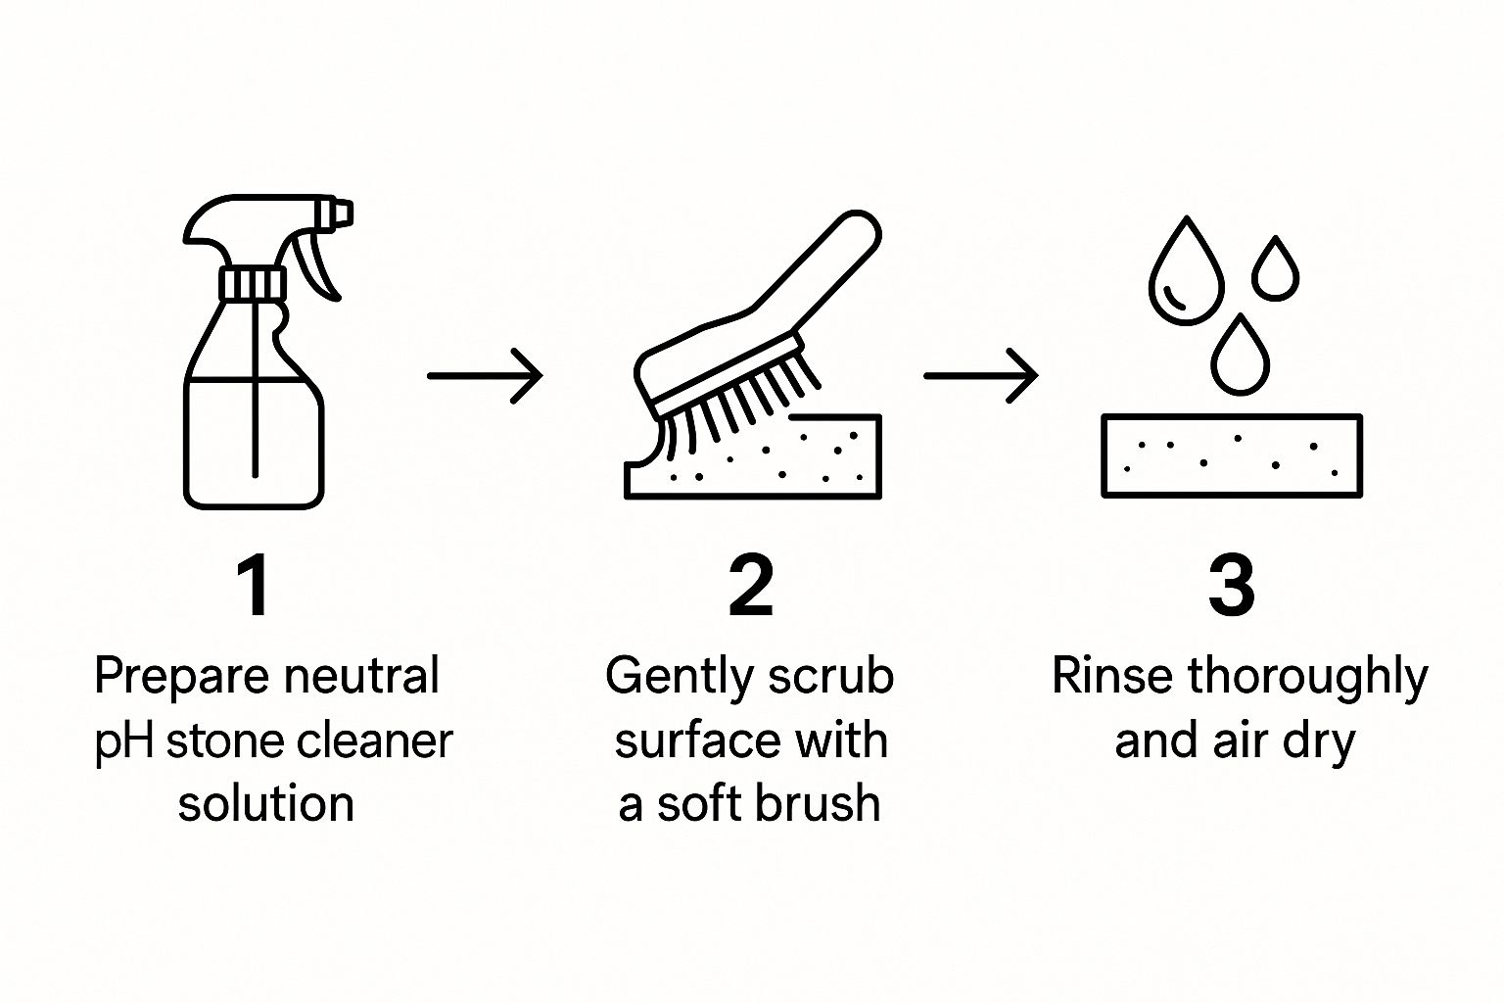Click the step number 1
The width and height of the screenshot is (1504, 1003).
255,585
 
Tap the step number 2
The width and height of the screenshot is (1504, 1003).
751,585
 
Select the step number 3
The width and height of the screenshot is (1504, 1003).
1232,585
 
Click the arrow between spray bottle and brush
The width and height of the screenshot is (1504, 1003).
485,376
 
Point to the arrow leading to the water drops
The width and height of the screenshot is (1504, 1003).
981,376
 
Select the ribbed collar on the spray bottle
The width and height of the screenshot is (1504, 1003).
254,283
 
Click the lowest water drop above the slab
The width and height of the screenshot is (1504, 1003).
1241,357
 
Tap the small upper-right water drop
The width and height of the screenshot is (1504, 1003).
1275,268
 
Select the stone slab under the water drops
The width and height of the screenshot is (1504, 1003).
1232,456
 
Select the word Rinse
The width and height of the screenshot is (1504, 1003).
1113,676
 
